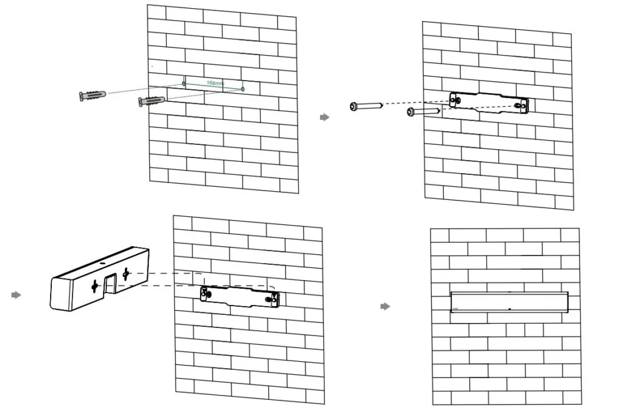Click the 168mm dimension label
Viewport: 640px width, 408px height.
215,82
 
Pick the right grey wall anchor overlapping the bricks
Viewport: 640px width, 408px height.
151,101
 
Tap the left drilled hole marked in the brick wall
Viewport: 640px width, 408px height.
184,82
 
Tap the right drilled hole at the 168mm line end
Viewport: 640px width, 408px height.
243,89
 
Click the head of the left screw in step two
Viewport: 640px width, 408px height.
354,107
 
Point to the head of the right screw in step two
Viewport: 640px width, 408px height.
411,112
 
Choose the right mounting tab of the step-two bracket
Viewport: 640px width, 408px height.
523,107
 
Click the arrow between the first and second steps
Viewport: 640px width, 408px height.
324,117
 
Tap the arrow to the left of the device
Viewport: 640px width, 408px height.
16,295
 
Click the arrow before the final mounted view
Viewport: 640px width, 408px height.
386,306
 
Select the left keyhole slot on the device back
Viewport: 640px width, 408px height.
94,286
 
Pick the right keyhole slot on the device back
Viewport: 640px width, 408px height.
126,273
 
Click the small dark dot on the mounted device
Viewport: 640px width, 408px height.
509,309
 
